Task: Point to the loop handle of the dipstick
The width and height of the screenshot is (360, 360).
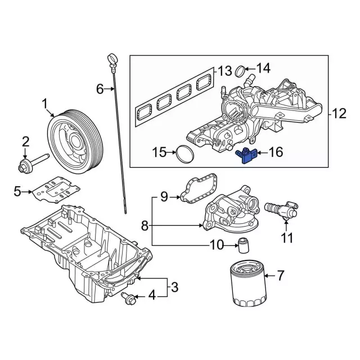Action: point(111,58)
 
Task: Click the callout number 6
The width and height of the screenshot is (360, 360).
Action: point(100,88)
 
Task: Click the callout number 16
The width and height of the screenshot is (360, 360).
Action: point(275,152)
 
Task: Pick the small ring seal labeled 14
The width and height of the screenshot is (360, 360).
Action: point(240,72)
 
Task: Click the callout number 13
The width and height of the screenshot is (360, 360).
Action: point(224,71)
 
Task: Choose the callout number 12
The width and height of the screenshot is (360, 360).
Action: point(339,114)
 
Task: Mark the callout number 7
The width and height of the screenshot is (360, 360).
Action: point(280,276)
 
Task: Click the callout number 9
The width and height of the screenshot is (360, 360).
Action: point(164,196)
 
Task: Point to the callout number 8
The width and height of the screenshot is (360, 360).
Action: point(145,226)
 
